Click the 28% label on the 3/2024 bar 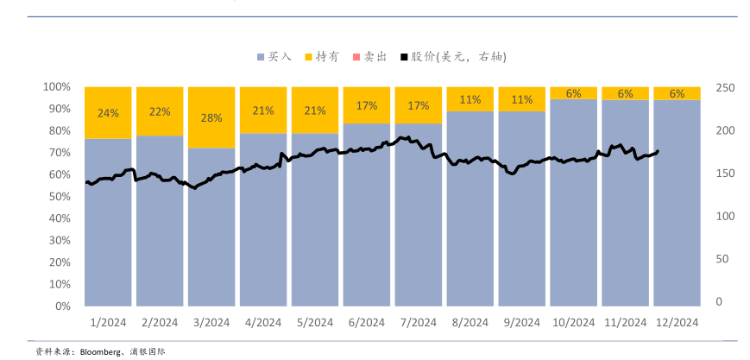pyautogui.click(x=211, y=117)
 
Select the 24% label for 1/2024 pyautogui.click(x=108, y=113)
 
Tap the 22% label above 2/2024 pyautogui.click(x=160, y=111)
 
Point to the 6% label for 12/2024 pyautogui.click(x=678, y=93)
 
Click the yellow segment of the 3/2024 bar pyautogui.click(x=211, y=134)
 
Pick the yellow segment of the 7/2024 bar pyautogui.click(x=419, y=117)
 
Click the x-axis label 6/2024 pyautogui.click(x=367, y=323)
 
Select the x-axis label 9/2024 pyautogui.click(x=521, y=323)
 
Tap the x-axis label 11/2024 pyautogui.click(x=625, y=323)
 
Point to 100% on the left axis pyautogui.click(x=56, y=87)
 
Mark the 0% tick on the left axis pyautogui.click(x=61, y=306)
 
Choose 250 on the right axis pyautogui.click(x=725, y=88)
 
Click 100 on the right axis pyautogui.click(x=725, y=216)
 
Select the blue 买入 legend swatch pyautogui.click(x=261, y=57)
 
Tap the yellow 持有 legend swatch pyautogui.click(x=308, y=57)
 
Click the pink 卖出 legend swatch pyautogui.click(x=356, y=57)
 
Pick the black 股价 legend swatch pyautogui.click(x=404, y=57)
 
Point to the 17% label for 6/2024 pyautogui.click(x=367, y=105)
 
